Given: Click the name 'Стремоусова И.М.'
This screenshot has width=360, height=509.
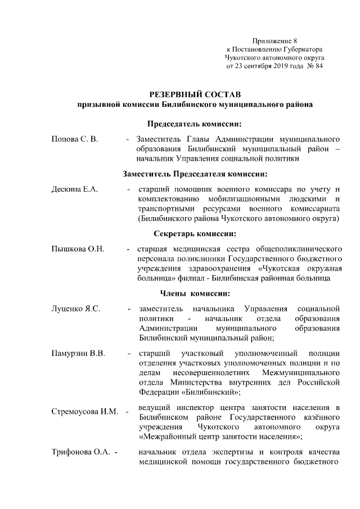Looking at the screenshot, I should click(x=85, y=412).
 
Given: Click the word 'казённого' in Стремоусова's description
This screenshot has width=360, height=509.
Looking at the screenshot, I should click(x=321, y=417).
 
